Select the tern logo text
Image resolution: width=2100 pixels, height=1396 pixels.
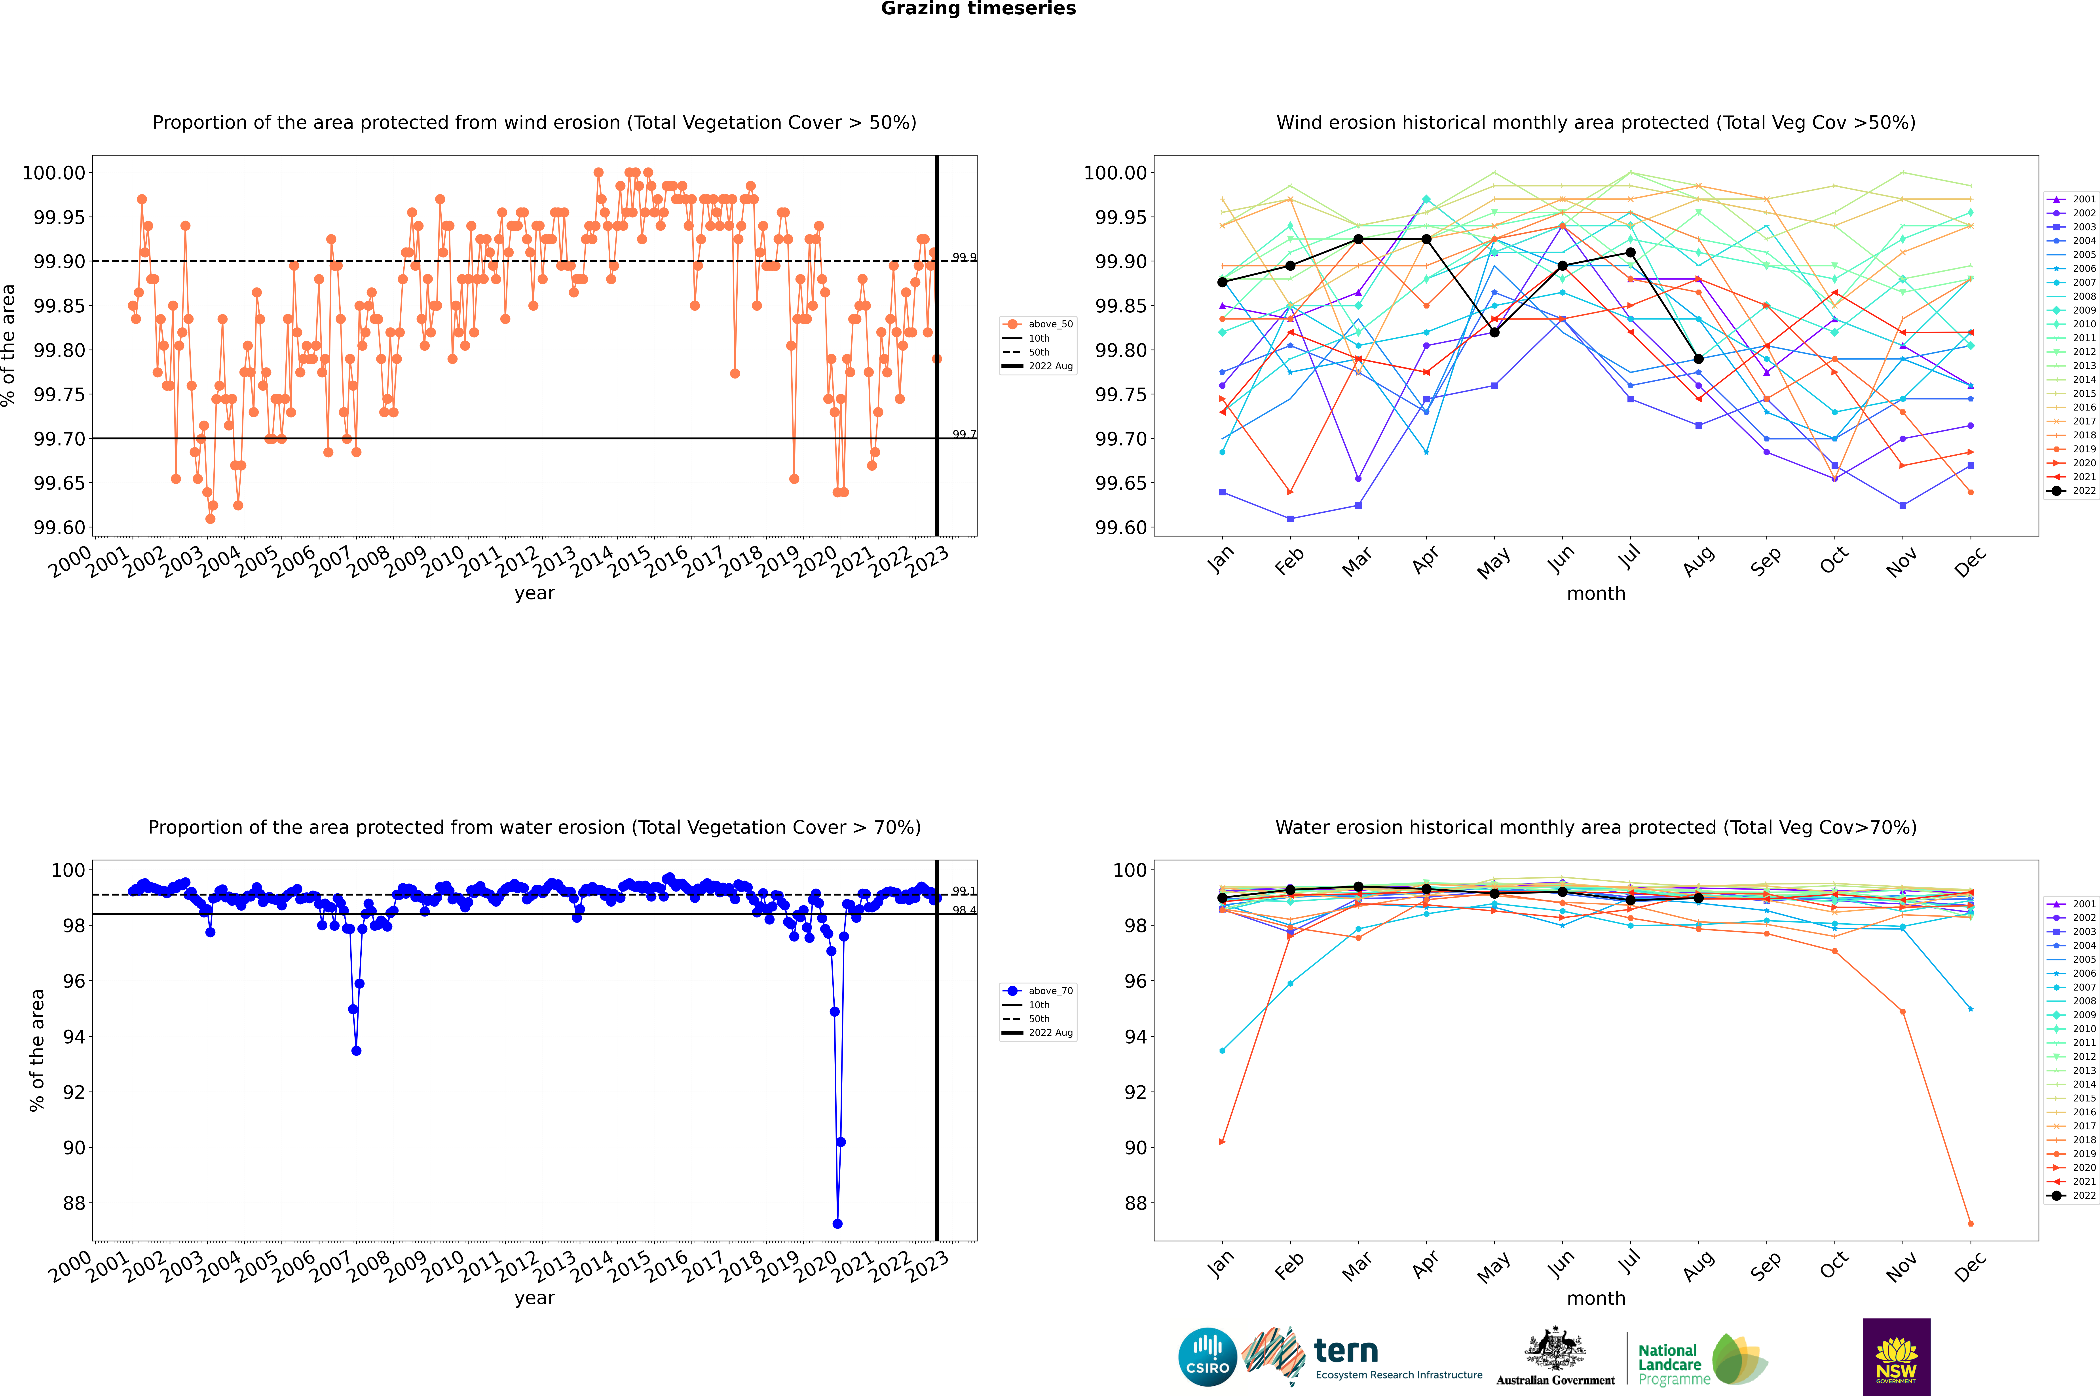(x=1346, y=1352)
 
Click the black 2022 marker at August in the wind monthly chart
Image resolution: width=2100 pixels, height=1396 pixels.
(x=1699, y=359)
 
